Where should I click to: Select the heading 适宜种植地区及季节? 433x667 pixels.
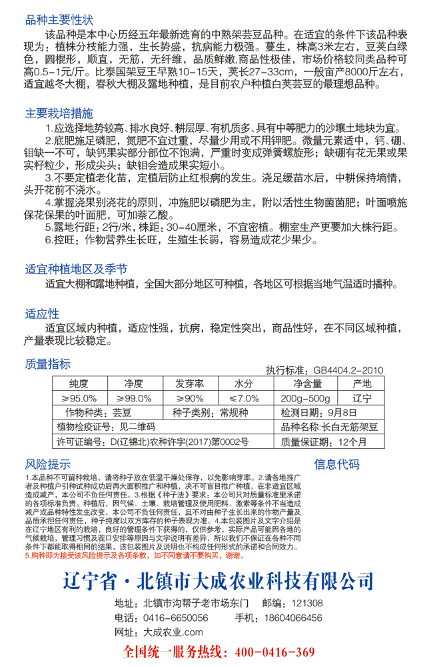75,269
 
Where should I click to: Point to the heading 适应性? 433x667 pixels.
42,313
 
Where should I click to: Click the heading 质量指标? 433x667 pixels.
47,364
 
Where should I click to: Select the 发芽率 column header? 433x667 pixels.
189,384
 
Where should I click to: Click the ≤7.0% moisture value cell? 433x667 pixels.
244,398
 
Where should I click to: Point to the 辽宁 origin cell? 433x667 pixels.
362,398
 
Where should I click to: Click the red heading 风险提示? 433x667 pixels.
47,464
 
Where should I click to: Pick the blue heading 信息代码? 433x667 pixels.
336,464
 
